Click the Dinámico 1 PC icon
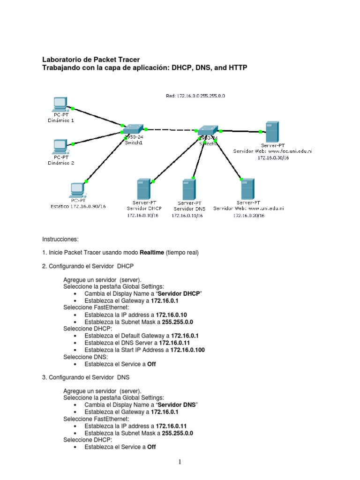pos(60,104)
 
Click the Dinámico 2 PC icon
pos(60,147)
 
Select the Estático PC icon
pos(76,189)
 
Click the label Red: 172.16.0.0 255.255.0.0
pos(195,96)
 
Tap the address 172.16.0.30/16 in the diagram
pos(273,158)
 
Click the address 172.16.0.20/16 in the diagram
pos(248,216)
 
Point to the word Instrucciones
pos(60,239)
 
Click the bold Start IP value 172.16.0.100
pos(181,350)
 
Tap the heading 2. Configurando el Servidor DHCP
pos(88,266)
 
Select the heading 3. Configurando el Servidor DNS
pos(86,377)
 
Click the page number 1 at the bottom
pos(180,463)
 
